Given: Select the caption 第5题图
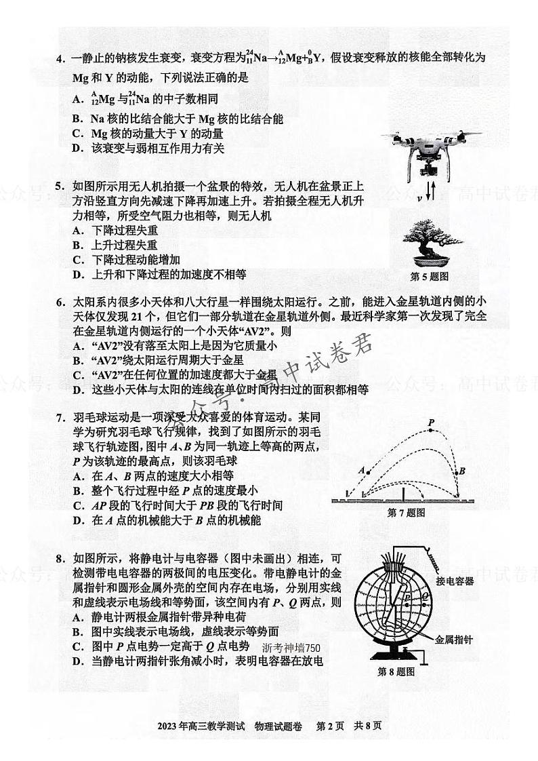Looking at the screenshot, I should click(430, 277).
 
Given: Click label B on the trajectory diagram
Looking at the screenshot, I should click(462, 470).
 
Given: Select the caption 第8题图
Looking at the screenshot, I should click(396, 672).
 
